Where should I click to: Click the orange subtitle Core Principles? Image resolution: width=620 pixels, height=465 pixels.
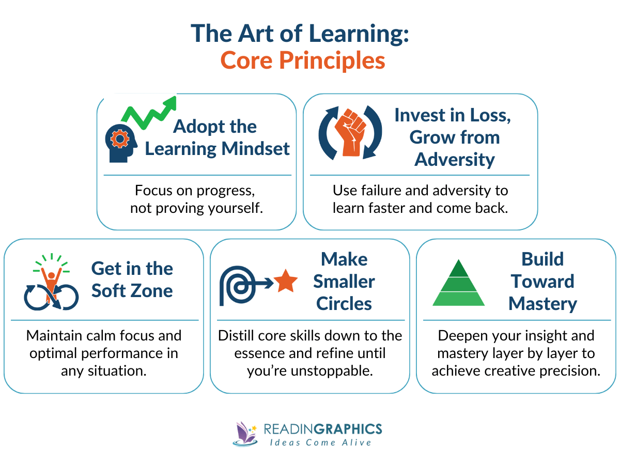click(x=303, y=60)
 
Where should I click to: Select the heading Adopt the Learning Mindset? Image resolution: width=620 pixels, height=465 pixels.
click(x=217, y=137)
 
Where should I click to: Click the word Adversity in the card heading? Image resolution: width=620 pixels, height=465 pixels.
click(x=454, y=160)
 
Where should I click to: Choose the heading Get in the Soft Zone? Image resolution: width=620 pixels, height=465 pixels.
click(x=132, y=280)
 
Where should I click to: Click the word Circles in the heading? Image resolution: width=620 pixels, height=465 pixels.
click(x=344, y=304)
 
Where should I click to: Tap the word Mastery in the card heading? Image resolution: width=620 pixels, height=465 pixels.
click(x=542, y=304)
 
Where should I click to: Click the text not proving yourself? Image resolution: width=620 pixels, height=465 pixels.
click(x=196, y=208)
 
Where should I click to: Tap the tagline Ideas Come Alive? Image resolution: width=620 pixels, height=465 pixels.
click(x=321, y=442)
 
